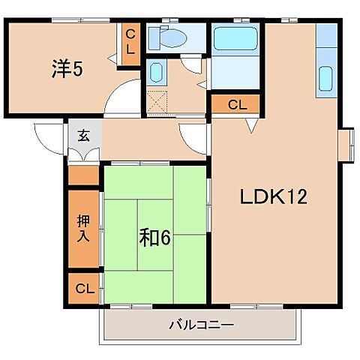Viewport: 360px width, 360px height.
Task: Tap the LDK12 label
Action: click(274, 197)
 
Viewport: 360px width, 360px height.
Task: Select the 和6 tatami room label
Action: click(156, 237)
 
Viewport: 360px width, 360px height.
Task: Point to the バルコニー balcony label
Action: click(201, 325)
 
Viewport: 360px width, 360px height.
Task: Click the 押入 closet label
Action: click(83, 229)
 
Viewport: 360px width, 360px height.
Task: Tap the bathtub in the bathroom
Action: click(236, 38)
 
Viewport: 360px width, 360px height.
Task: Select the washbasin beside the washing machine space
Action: click(157, 73)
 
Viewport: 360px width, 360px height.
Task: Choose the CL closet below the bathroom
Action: click(236, 104)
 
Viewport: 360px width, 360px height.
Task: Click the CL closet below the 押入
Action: click(83, 289)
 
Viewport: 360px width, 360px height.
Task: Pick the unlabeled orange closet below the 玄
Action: click(84, 176)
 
